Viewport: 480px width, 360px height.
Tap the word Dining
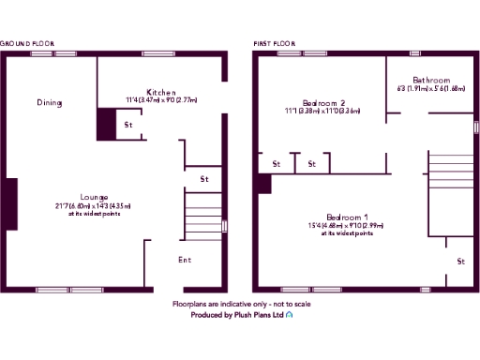50,102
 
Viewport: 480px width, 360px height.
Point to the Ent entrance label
185,259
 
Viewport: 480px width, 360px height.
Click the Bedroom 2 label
324,102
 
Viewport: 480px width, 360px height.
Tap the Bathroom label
431,81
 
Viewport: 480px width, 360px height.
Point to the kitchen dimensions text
161,99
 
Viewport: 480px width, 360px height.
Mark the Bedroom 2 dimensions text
324,111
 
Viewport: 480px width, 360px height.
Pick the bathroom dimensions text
431,89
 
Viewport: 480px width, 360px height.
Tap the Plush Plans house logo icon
291,316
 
